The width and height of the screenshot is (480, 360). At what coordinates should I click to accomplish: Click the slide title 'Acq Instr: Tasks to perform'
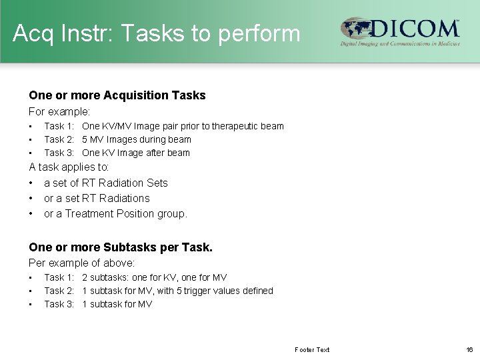[157, 33]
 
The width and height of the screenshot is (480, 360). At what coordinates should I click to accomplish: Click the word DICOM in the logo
[415, 29]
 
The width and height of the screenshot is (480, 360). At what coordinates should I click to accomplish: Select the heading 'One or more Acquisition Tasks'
[117, 95]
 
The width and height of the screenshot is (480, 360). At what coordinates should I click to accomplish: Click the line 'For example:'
[59, 111]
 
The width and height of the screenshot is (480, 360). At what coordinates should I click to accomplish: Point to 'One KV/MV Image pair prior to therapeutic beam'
[183, 126]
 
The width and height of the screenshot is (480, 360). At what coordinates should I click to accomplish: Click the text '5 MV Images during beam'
[136, 139]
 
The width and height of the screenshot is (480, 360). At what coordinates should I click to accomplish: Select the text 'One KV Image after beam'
[135, 153]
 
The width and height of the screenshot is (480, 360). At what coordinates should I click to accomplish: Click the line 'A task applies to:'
[69, 167]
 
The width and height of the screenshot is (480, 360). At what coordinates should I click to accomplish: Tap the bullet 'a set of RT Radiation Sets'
[105, 183]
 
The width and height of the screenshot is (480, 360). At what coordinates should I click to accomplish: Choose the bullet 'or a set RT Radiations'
[97, 198]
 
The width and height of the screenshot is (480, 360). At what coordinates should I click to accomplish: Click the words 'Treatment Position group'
[126, 214]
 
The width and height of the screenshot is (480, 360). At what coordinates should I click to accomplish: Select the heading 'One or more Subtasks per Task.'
[121, 247]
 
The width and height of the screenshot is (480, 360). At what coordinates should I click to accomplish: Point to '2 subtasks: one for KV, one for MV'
[154, 277]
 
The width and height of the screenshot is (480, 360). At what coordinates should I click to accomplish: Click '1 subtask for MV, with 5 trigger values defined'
[177, 291]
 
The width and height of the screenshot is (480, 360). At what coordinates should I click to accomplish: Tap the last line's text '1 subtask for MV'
[117, 304]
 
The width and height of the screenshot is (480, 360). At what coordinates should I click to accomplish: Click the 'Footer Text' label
[312, 349]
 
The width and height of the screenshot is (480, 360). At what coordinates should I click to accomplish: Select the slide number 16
[469, 349]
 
